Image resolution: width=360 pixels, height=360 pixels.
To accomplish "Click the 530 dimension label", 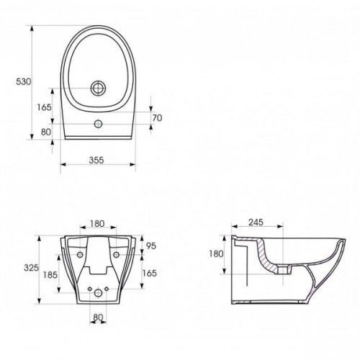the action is click(24, 81).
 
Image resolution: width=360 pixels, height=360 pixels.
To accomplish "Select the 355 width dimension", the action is click(96, 160).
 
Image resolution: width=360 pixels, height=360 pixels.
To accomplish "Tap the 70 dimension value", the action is click(157, 118).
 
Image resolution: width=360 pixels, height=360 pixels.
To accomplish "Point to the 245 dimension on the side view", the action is click(256, 222).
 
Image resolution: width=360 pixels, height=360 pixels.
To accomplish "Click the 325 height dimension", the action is click(31, 267).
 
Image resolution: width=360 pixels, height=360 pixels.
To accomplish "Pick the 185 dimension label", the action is click(50, 275).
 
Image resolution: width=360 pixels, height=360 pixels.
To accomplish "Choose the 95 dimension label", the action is click(151, 246).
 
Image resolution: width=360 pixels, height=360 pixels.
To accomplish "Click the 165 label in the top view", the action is click(44, 107).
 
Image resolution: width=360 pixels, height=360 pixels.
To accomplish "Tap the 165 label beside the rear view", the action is click(149, 273).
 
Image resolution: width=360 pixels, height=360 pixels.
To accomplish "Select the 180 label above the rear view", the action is click(97, 224).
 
